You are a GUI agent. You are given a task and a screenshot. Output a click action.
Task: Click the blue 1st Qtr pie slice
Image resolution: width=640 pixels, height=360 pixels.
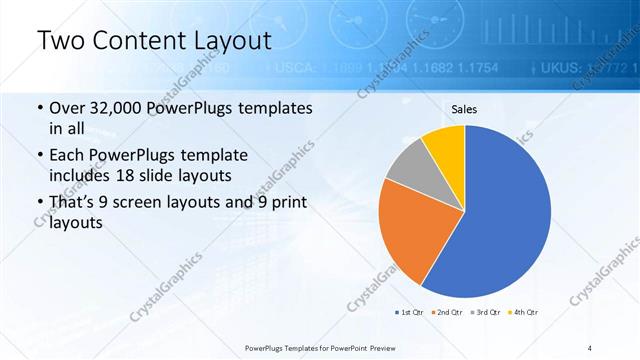pos(505,210)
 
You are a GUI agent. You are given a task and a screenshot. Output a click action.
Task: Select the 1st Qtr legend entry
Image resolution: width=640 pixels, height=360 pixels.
pos(410,312)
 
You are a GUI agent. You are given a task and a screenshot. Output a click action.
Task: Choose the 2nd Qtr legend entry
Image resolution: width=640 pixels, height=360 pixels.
pos(446,312)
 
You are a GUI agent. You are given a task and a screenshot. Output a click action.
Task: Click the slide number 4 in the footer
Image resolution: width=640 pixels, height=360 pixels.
pos(590,348)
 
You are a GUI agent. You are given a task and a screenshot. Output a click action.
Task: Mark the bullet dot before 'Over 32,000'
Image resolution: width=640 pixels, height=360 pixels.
pos(39,108)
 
